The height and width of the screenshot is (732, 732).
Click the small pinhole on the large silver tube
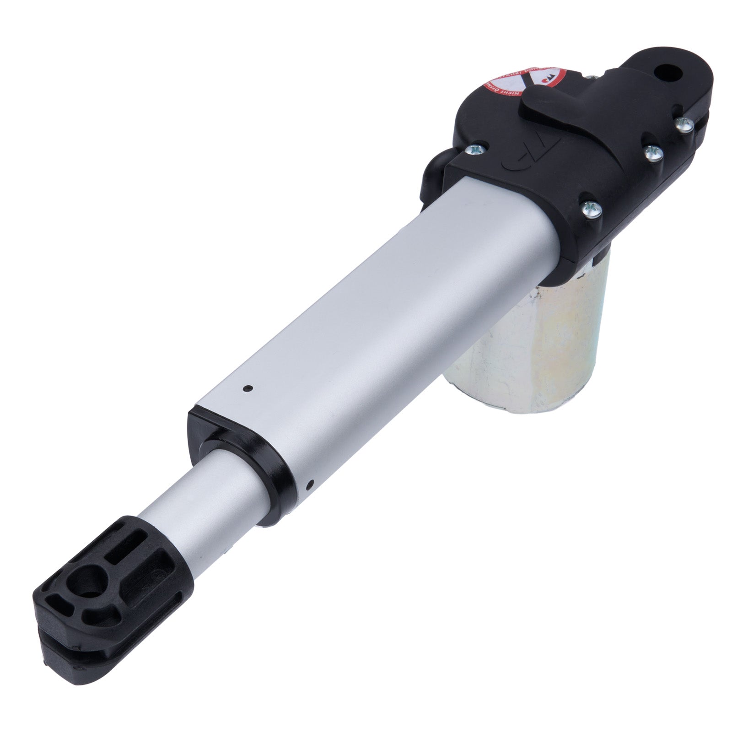point(248,388)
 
